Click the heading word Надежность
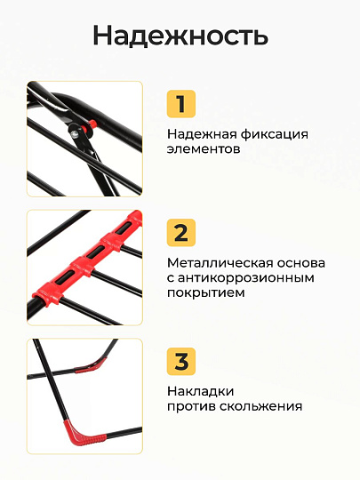(180, 36)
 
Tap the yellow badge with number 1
(181, 104)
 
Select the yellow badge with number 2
(181, 233)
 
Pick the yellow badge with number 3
(181, 361)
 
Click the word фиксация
(275, 135)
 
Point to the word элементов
(204, 149)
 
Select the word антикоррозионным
(246, 278)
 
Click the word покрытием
(206, 293)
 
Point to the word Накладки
(201, 392)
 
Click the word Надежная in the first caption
(202, 135)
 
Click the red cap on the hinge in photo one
(92, 124)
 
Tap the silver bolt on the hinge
(74, 132)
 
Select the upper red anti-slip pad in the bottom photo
(92, 366)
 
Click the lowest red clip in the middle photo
(47, 297)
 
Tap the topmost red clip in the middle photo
(136, 220)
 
